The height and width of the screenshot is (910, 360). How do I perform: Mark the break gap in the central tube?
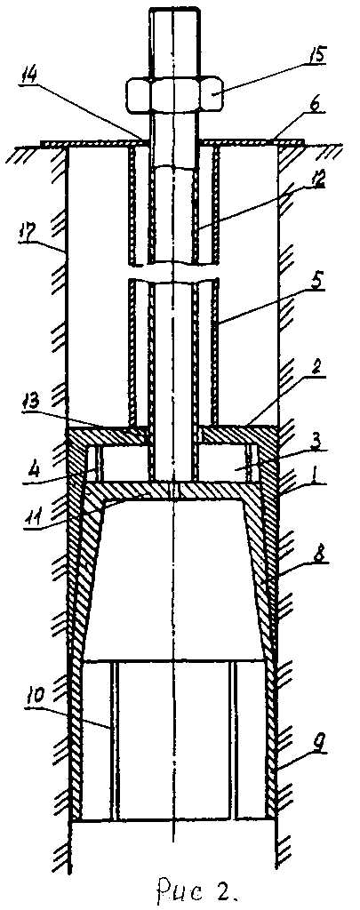(173, 273)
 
